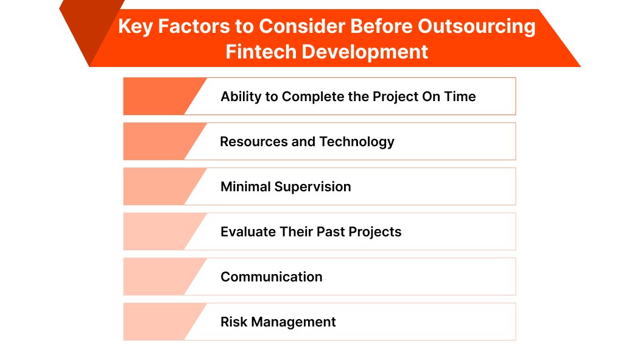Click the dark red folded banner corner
point(85,30)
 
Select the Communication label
point(272,277)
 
